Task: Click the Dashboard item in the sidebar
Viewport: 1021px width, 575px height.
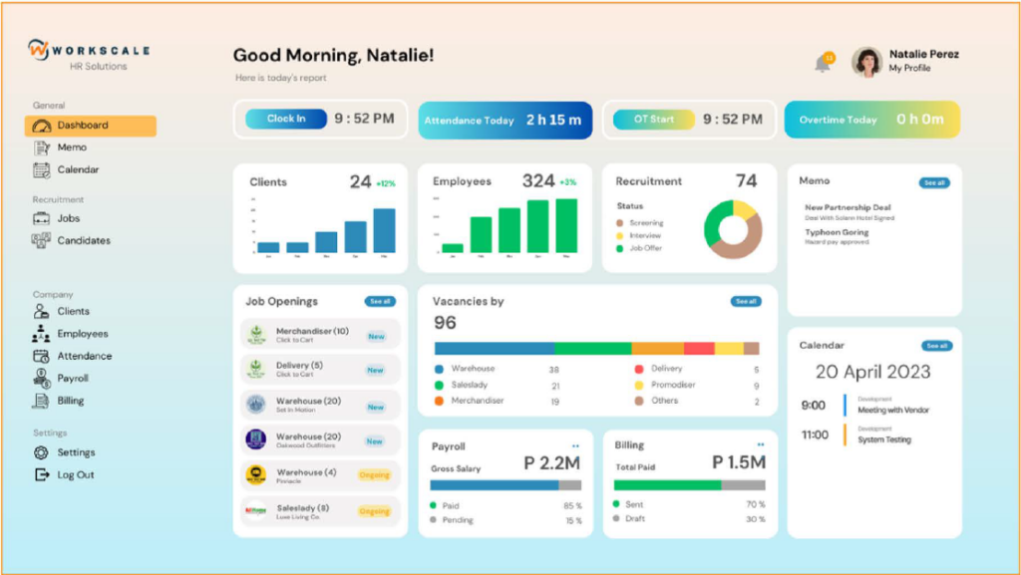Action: click(x=90, y=126)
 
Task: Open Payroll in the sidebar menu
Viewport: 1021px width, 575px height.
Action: click(x=72, y=379)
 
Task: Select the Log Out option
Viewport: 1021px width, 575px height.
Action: click(x=75, y=475)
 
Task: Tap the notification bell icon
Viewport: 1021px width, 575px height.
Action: click(x=823, y=64)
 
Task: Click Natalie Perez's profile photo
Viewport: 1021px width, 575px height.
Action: click(x=866, y=62)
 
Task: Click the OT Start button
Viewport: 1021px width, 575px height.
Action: click(x=654, y=120)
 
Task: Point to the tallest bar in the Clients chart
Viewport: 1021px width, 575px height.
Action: click(x=384, y=230)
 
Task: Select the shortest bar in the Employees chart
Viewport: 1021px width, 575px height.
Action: click(x=453, y=247)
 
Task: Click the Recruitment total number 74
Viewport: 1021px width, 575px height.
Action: click(x=746, y=181)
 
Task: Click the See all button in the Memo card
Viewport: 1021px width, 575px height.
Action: click(x=934, y=183)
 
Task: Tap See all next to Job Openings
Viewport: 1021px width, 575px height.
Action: click(x=380, y=301)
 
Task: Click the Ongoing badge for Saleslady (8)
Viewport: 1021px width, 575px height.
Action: click(x=374, y=511)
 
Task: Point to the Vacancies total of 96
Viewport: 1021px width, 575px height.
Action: click(x=445, y=323)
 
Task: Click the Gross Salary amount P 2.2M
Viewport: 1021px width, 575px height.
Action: click(x=551, y=462)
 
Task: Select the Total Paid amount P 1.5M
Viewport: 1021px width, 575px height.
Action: click(x=738, y=462)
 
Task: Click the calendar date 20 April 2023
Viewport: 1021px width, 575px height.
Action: click(x=872, y=372)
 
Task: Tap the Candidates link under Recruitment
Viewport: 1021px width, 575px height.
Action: click(x=84, y=240)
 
